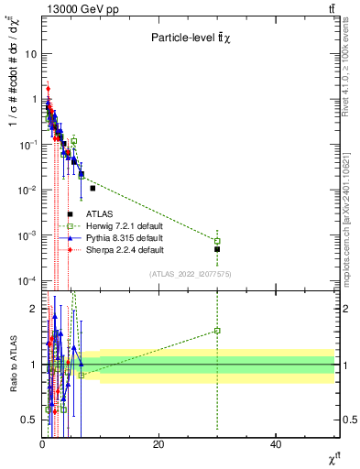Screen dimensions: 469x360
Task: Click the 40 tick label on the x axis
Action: tap(275, 444)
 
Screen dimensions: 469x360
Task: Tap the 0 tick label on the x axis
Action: tap(42, 444)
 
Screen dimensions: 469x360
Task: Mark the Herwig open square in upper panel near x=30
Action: tap(217, 241)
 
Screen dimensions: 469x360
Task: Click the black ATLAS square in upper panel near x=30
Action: tap(217, 249)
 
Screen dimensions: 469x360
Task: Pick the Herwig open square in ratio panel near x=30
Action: tap(217, 331)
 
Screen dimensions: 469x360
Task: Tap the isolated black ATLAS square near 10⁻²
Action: tap(93, 188)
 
